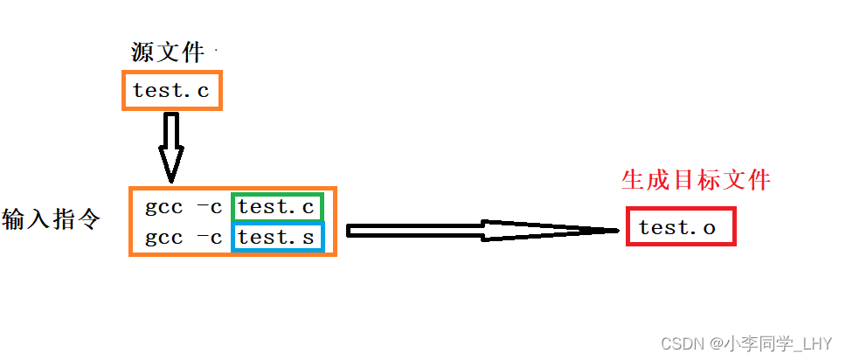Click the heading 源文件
coord(167,52)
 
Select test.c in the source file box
coord(171,90)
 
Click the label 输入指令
coord(51,218)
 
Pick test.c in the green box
coord(276,208)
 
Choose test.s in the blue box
coord(276,238)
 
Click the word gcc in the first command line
coord(164,209)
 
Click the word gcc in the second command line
coord(164,239)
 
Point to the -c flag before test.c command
coord(209,208)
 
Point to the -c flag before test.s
coord(209,238)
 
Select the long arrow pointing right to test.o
coord(481,231)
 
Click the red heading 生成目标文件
coord(696,180)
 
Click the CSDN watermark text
coord(678,343)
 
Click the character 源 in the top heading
coord(142,52)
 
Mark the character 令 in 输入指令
coord(87,218)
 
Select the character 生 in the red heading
coord(632,180)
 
